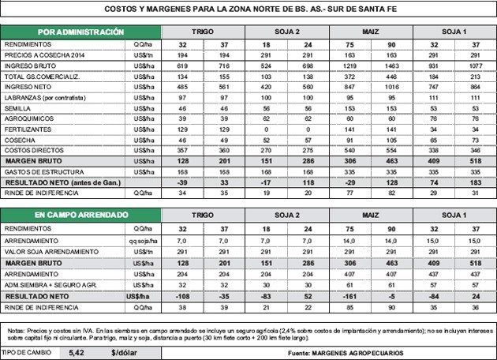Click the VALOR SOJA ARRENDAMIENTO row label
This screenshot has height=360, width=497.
point(51,251)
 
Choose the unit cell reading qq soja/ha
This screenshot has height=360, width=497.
point(142,240)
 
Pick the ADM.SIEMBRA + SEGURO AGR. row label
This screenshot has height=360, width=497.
point(51,286)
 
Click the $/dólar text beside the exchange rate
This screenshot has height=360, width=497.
point(125,352)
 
